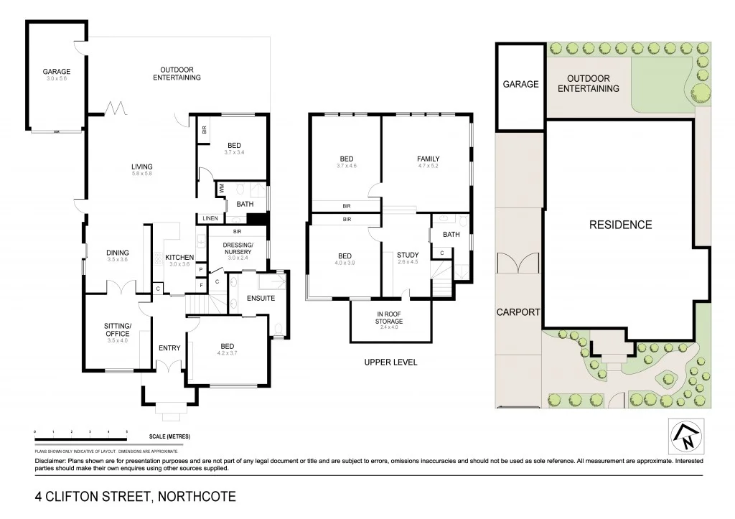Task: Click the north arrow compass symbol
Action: (x=683, y=435)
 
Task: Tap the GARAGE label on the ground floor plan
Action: (x=56, y=72)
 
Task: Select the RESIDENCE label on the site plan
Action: (x=620, y=225)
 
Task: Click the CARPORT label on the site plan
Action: (x=518, y=312)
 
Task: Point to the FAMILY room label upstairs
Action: (x=428, y=159)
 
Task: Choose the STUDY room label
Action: (x=408, y=254)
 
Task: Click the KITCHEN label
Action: (x=180, y=257)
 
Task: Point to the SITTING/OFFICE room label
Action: (x=117, y=329)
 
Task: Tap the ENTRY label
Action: (x=169, y=348)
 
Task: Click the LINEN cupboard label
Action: (x=210, y=218)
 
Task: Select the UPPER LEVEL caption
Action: (x=391, y=363)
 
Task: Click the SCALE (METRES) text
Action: (x=170, y=436)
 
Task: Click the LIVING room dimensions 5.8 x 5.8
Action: (x=141, y=174)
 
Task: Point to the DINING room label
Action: (x=118, y=252)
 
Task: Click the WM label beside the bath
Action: (x=220, y=189)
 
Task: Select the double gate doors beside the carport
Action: (x=522, y=263)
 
